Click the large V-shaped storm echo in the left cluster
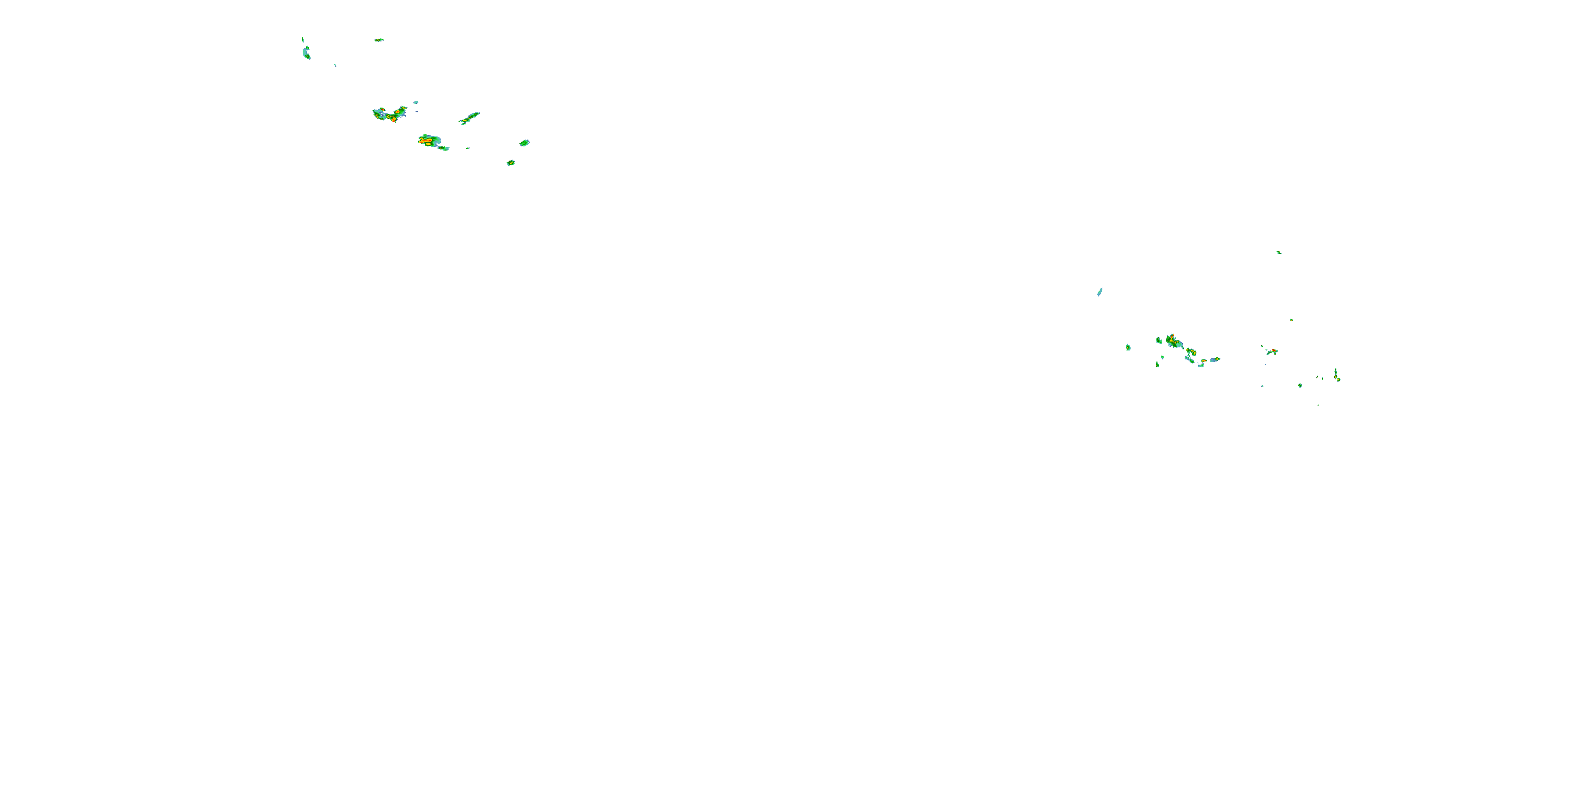tap(389, 114)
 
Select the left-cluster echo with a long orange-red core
tap(429, 141)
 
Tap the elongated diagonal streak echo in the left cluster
tap(469, 118)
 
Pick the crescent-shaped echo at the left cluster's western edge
tap(306, 53)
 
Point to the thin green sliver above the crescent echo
tap(303, 40)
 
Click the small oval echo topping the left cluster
tap(379, 40)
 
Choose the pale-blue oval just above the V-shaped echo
tap(416, 102)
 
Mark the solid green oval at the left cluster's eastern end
tap(524, 143)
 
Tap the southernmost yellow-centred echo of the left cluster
tap(510, 163)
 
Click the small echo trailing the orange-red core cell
tap(443, 148)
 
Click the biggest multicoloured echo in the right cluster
tap(1173, 341)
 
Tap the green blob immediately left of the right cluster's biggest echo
tap(1158, 340)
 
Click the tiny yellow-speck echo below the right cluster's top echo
tap(1291, 320)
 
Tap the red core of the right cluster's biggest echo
tap(1172, 337)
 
